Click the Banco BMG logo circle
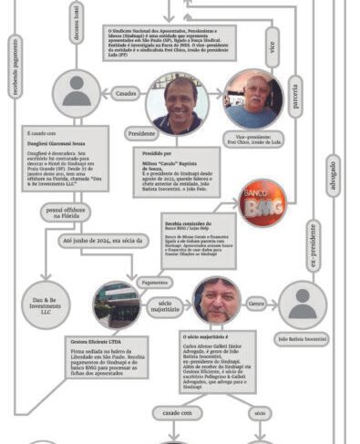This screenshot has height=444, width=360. tap(263, 201)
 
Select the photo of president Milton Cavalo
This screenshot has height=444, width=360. tap(176, 103)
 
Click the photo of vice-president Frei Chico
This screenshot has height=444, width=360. tap(253, 98)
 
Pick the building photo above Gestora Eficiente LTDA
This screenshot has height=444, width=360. tap(117, 305)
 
